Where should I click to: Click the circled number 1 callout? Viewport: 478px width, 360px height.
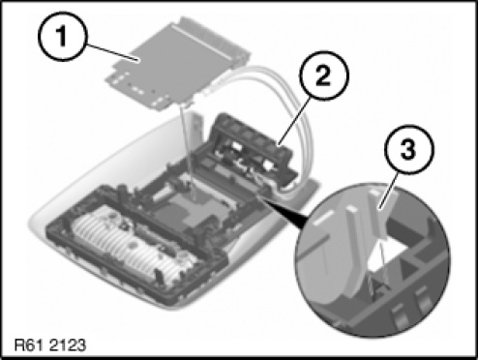pyautogui.click(x=63, y=36)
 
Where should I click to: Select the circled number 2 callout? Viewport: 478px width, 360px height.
pyautogui.click(x=324, y=75)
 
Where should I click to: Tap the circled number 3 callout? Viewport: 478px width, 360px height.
pyautogui.click(x=409, y=150)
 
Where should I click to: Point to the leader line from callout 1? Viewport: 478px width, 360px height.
pyautogui.click(x=111, y=52)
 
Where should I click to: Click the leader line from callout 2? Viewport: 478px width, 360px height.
pyautogui.click(x=295, y=121)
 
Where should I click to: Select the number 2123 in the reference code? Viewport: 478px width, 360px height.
pyautogui.click(x=68, y=345)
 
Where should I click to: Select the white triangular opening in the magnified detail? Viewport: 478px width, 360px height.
pyautogui.click(x=388, y=255)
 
